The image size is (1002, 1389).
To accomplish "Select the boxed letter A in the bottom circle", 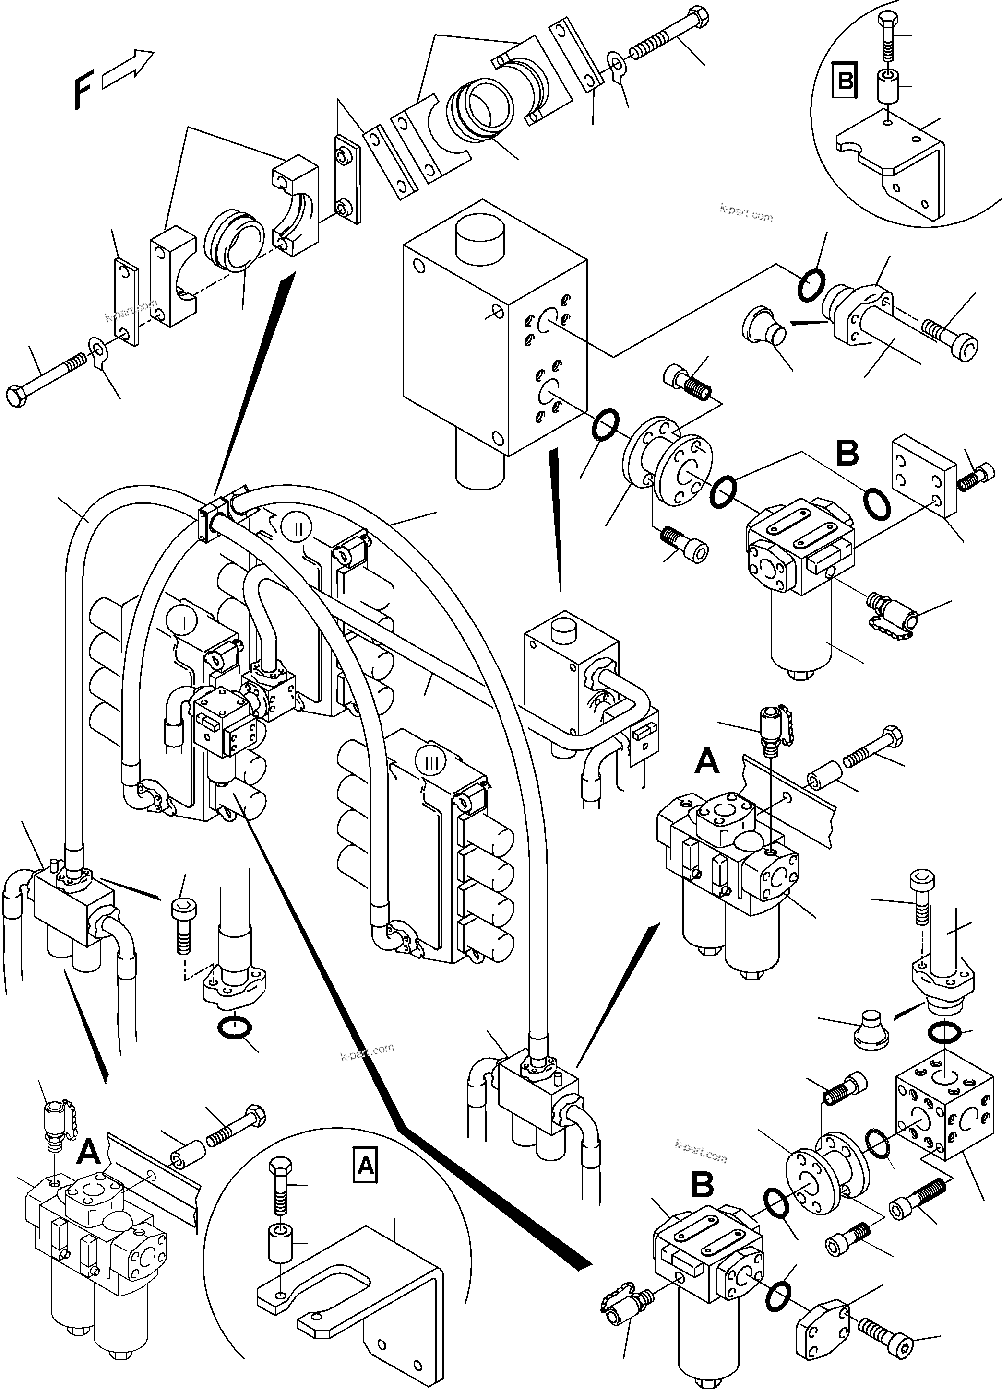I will click(x=366, y=1165).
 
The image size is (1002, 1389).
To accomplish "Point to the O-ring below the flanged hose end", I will click(x=234, y=1029).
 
